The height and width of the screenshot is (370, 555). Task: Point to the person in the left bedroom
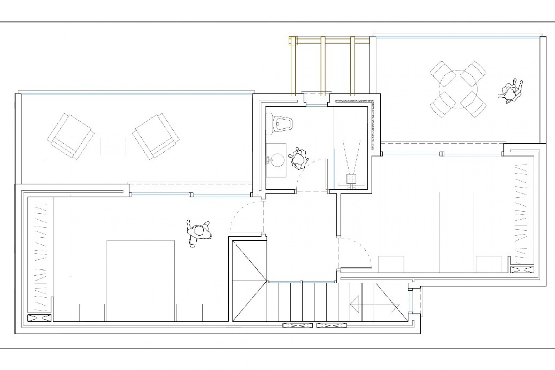(x=199, y=232)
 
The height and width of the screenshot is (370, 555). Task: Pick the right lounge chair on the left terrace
(x=155, y=137)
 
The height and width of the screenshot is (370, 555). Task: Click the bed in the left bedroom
(x=140, y=280)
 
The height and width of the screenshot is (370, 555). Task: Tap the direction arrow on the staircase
(x=355, y=304)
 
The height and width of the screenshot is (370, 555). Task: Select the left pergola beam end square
(x=293, y=41)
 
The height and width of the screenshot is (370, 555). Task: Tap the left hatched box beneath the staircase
(x=297, y=325)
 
